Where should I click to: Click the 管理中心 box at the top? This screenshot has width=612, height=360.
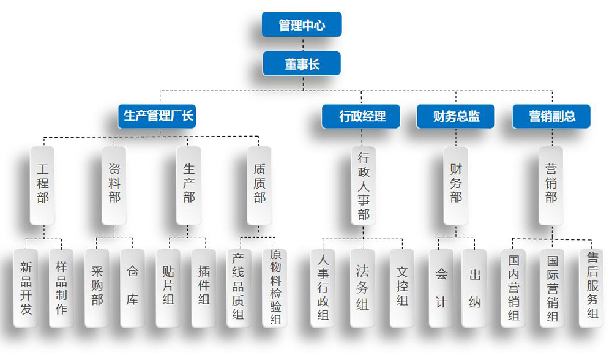[302, 25]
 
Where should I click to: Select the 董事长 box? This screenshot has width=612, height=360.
[302, 64]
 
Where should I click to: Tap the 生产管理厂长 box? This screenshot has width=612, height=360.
[157, 116]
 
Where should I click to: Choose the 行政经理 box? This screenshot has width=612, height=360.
[361, 116]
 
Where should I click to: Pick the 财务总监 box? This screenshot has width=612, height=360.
[456, 116]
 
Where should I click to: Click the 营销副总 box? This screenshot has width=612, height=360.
[551, 116]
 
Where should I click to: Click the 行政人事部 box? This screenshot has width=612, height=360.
[364, 185]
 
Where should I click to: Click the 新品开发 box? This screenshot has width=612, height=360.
[26, 288]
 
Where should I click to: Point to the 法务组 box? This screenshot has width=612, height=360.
[363, 288]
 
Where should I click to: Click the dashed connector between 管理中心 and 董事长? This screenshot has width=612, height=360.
[302, 44]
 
